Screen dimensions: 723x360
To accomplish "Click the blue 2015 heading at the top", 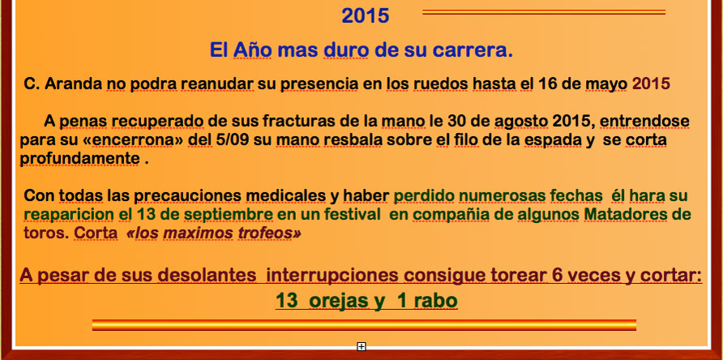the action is coord(366,15).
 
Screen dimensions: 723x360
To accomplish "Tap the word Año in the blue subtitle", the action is coord(252,49).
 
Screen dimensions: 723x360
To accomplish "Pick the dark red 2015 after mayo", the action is coord(651,84).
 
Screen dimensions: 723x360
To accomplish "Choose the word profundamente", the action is coord(79,159).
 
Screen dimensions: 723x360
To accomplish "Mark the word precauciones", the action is coord(188,196).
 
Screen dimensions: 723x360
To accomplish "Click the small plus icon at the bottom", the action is coord(361,346).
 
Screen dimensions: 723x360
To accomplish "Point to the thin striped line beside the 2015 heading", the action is coord(544,12).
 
